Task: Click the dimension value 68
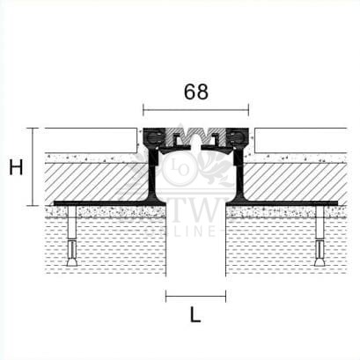coord(195,91)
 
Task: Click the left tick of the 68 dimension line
coord(143,111)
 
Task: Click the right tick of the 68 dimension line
coord(249,111)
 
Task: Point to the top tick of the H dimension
coord(33,129)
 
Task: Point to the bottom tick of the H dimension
coord(33,203)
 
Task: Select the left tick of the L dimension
coord(166,296)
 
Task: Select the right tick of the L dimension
coord(225,296)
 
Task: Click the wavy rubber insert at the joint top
coord(195,137)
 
